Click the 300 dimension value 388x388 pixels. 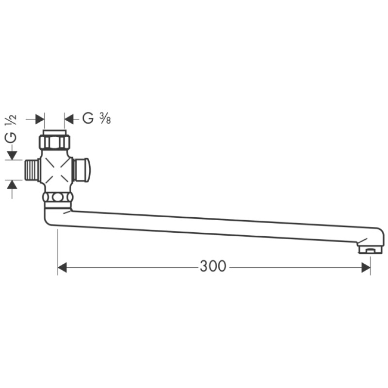(213, 266)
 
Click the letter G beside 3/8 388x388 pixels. (88, 119)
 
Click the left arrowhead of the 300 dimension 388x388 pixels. (62, 267)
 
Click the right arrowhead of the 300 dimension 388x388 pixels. (366, 267)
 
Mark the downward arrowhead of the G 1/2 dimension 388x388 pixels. (12, 156)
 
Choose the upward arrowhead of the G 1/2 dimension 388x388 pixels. (12, 184)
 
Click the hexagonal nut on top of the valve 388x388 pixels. (54, 142)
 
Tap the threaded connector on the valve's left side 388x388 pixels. (32, 170)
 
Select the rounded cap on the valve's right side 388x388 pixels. (81, 170)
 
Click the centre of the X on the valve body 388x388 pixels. (55, 170)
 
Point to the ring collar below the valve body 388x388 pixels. (57, 197)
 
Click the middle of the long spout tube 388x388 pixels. (213, 226)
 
